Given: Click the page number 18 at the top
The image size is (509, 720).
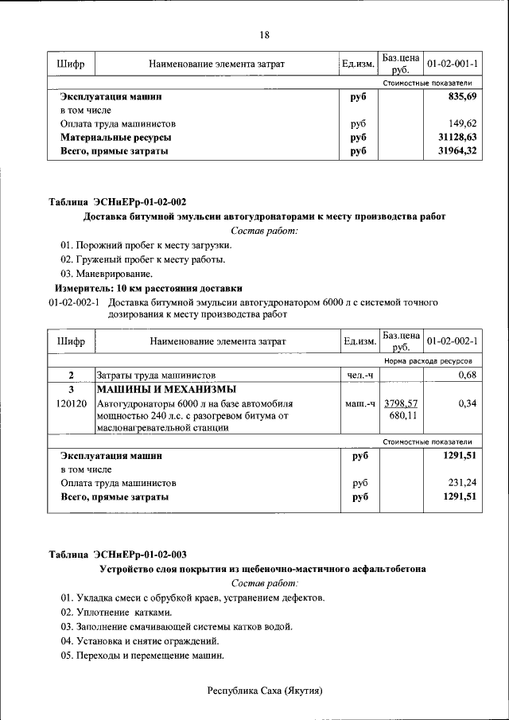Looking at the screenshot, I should pos(264,34).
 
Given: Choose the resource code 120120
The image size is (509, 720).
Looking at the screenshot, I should pos(72,404).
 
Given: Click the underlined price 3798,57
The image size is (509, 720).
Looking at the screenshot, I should pos(401,403).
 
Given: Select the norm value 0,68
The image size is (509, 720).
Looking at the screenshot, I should pos(467,375).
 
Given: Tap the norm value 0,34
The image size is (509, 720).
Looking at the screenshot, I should pos(467,404).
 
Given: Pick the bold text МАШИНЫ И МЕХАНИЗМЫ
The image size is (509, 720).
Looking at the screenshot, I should pos(166,389).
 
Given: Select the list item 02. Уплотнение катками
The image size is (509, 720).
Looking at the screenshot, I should pos(116,613).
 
